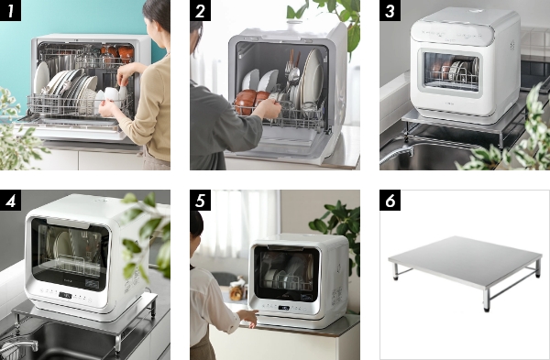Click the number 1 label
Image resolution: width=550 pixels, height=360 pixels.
[10, 10]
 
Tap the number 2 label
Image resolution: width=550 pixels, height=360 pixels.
[200, 10]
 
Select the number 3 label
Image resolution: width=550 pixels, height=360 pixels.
[390, 10]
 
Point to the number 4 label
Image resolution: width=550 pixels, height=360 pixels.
[10, 201]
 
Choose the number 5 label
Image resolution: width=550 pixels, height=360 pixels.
[200, 201]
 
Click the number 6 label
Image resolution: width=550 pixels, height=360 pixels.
[390, 201]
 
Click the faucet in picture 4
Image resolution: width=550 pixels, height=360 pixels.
[17, 346]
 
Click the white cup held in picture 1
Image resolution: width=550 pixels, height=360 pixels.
[112, 95]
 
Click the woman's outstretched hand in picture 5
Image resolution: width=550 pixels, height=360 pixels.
[248, 317]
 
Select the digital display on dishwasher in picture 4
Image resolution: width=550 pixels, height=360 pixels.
[65, 295]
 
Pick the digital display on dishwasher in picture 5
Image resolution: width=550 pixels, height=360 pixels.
[284, 308]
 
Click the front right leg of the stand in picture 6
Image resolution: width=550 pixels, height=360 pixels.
[486, 300]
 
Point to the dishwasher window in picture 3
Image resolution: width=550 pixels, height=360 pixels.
[451, 71]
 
